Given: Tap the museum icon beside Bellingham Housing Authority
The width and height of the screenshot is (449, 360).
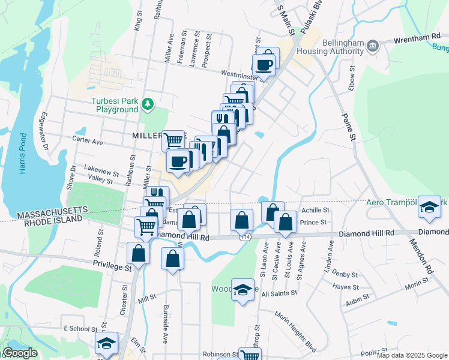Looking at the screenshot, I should tap(372, 45).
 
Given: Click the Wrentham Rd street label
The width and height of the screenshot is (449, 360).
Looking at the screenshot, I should tap(417, 37).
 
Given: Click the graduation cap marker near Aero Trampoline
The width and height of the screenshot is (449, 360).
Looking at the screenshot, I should tap(429, 207).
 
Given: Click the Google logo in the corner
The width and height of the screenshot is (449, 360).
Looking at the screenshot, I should tap(19, 353).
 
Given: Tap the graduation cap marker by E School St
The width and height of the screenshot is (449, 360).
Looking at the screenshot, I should tap(105, 343).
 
